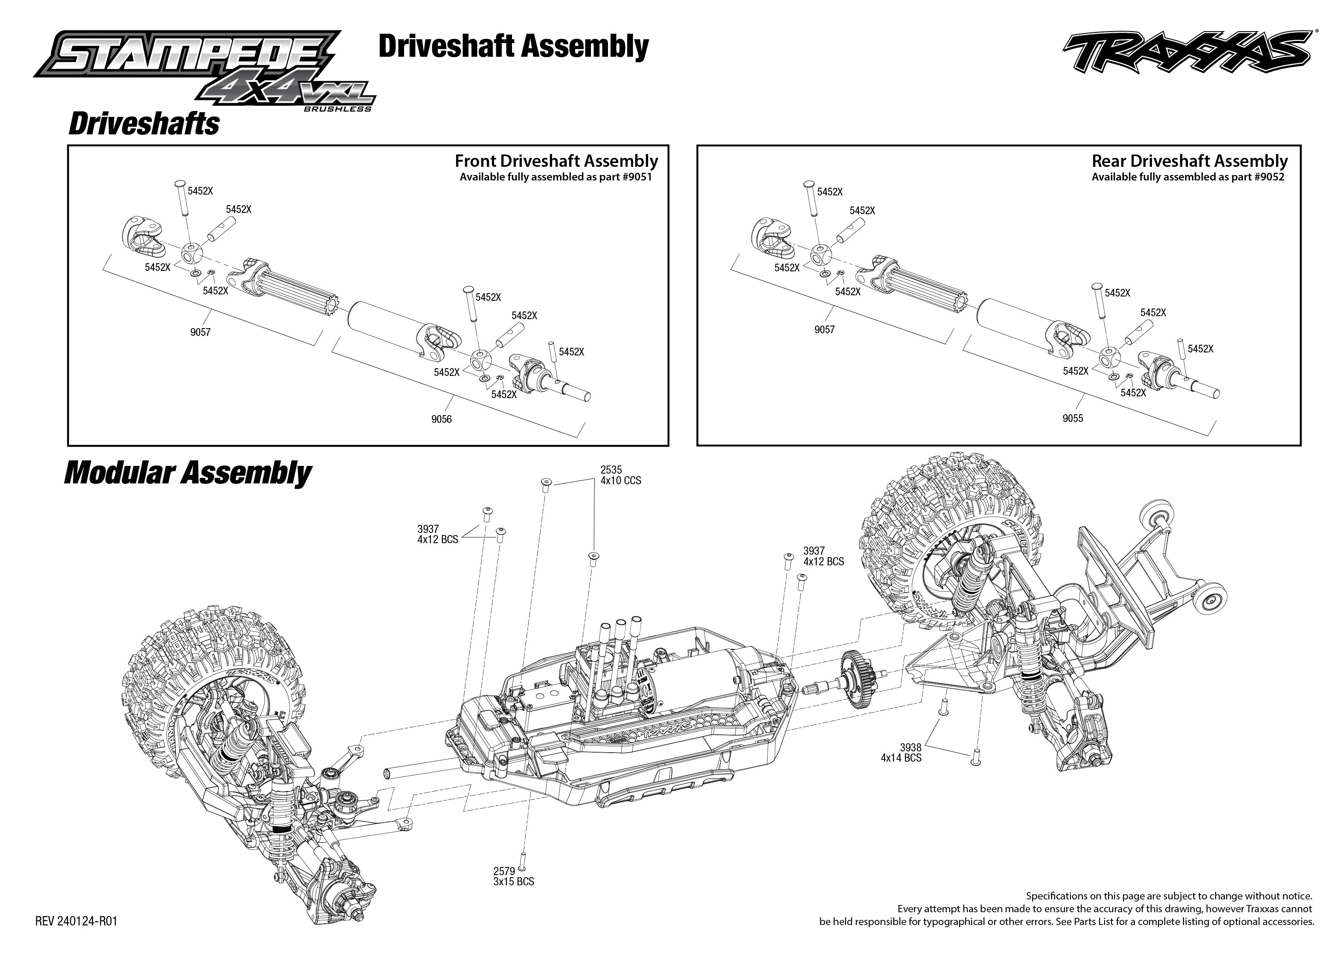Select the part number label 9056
(442, 419)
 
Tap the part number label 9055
(1073, 418)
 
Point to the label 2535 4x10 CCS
(620, 475)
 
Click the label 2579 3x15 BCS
(513, 877)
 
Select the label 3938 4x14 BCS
(901, 753)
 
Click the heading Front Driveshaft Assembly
(556, 161)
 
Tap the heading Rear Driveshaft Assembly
(1189, 161)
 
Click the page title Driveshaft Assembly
(513, 46)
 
